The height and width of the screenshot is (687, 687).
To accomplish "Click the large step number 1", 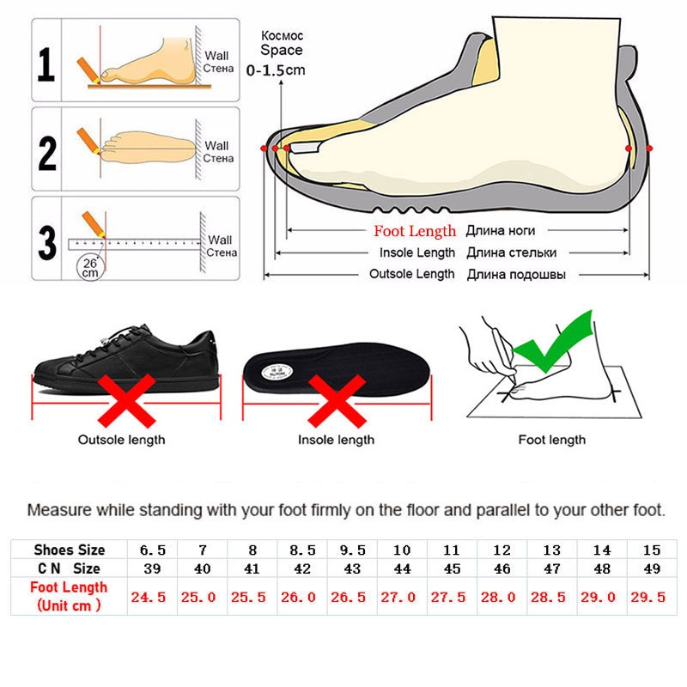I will coord(47,65).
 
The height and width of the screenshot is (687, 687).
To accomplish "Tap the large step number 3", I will coord(47,241).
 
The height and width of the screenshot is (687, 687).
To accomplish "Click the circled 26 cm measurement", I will coord(89,267).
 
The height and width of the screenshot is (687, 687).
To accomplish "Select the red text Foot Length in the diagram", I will coord(415,231).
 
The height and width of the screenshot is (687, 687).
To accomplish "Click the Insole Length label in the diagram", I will coord(417,252).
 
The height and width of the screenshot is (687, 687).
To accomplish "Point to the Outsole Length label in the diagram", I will coord(411,274).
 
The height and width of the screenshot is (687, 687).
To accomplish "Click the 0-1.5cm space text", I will coord(276,70).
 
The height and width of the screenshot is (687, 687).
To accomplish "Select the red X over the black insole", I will coord(336,401).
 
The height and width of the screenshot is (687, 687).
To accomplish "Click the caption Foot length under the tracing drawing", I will coord(551,440).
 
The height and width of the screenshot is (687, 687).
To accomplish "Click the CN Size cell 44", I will coord(401,568).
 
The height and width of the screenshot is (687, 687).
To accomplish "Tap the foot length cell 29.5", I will coord(650,597).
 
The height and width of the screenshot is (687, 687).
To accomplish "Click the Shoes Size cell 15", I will coord(650,550).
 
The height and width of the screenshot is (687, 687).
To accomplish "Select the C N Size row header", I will coord(69,568).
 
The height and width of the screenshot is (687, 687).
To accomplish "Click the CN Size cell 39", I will coord(151,568).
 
